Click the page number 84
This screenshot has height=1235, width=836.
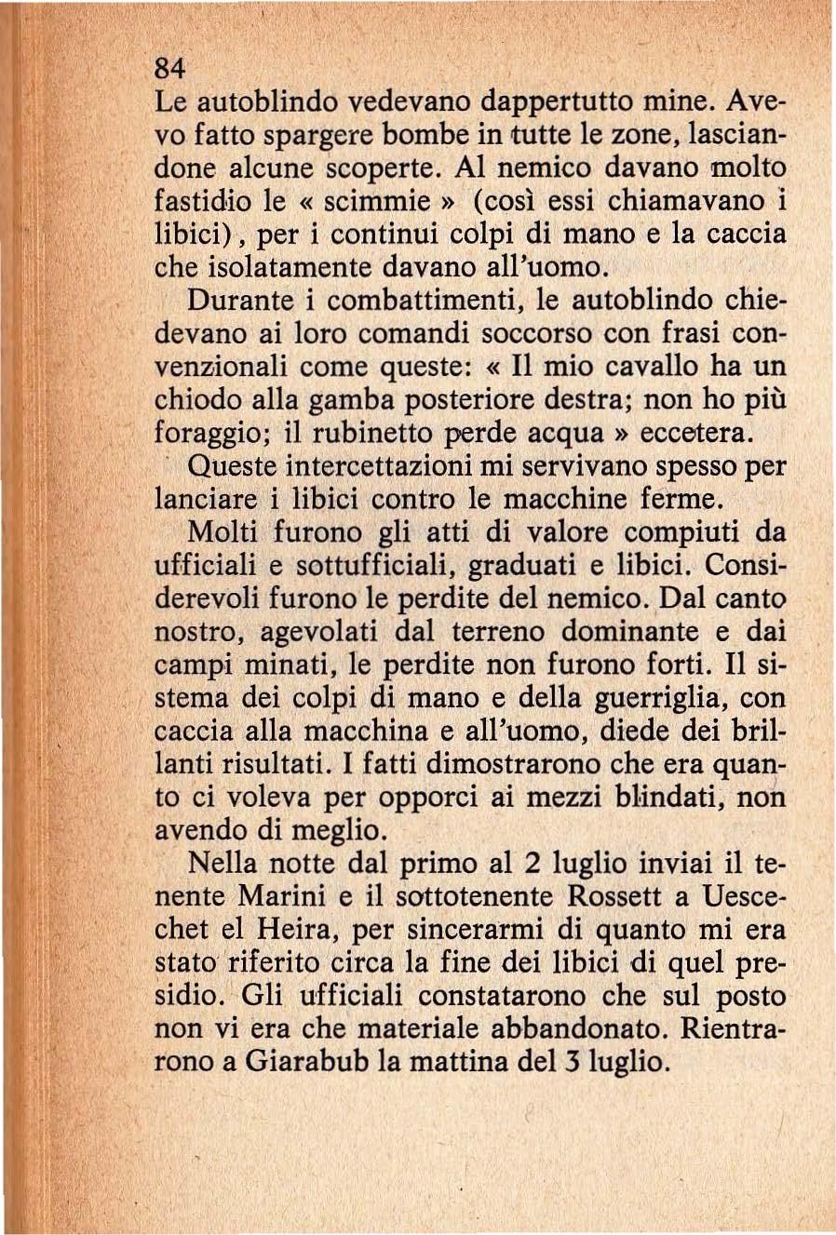[x=170, y=69]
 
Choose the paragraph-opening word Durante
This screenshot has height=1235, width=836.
[x=245, y=301]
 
